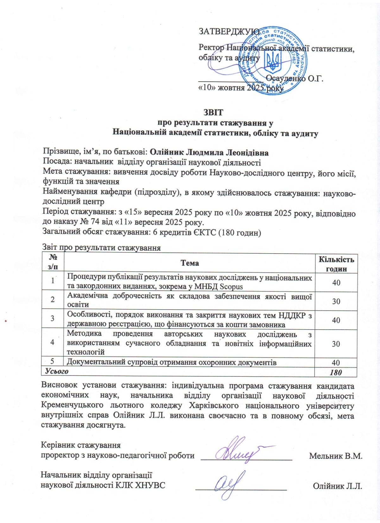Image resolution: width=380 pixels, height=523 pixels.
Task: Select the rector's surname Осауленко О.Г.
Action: click(x=295, y=78)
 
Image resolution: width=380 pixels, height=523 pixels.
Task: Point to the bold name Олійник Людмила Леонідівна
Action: click(x=209, y=153)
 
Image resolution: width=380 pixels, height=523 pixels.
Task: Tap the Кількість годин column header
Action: click(x=336, y=264)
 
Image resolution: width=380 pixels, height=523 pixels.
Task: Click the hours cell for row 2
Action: click(x=336, y=301)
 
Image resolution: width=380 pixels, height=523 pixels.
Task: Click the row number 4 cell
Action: click(x=53, y=342)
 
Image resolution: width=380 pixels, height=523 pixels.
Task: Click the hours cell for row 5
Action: click(x=336, y=362)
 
